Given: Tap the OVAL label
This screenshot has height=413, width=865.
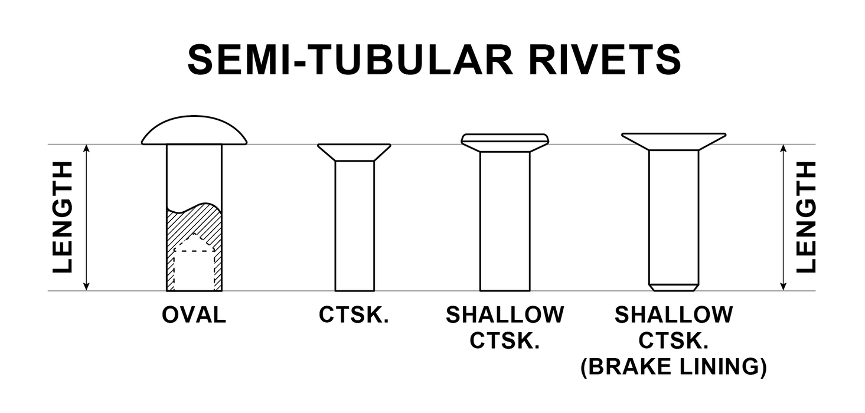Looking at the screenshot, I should coord(194,315).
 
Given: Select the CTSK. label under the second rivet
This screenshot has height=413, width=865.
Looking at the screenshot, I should coord(354,315).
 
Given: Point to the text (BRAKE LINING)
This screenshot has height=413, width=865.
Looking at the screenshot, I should coord(674,367).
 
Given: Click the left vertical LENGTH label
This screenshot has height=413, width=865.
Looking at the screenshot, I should coord(63,217).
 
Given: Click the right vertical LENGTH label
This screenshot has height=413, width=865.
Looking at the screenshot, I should coord(806,217).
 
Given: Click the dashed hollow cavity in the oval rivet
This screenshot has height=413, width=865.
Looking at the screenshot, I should coord(194,268).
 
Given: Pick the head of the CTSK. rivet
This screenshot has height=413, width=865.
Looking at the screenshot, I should coord(354,152).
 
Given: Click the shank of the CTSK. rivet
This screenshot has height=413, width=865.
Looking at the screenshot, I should coord(354,224).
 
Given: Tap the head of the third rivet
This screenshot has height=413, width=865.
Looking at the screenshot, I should coord(505,142).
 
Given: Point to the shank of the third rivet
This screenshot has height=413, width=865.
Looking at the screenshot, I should coord(505,221).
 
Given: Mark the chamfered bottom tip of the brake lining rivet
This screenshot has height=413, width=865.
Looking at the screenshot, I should coord(674,288).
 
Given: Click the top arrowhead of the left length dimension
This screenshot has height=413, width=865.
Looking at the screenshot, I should coord(87,149).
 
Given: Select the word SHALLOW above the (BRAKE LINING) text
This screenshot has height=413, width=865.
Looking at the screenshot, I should coord(674,315).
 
